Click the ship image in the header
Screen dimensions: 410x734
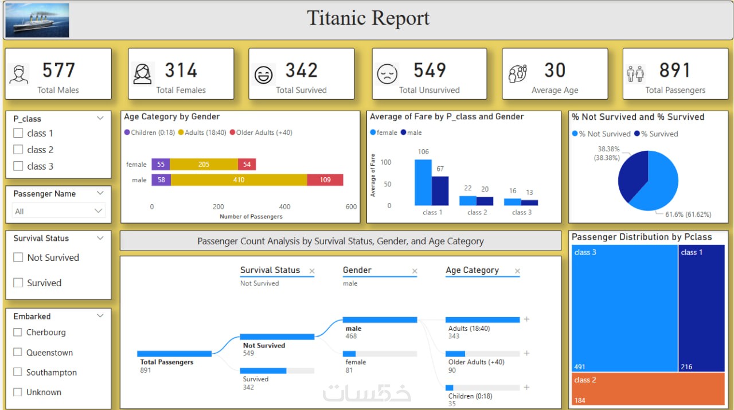coord(37,21)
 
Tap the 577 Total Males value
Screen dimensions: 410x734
coord(58,71)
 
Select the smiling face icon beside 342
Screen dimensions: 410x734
coord(264,75)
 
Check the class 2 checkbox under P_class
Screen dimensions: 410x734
coord(18,150)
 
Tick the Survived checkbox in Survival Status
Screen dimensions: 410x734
coord(18,283)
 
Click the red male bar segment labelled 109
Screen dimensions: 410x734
coord(325,180)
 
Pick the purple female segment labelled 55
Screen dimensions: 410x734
coord(161,165)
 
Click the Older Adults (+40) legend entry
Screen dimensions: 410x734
coord(261,132)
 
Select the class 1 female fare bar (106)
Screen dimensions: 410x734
coord(423,182)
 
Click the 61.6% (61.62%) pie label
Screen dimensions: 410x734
coord(688,214)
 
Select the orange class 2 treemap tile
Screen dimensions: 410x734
coord(648,389)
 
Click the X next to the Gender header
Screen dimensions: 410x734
coord(415,271)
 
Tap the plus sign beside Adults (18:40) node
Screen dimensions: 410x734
coord(526,319)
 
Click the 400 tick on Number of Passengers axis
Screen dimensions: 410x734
coord(285,207)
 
